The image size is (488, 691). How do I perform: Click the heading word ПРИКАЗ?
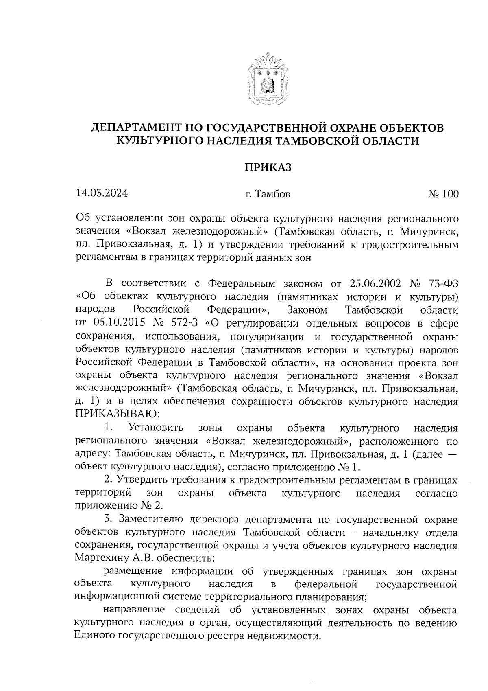[x=268, y=167]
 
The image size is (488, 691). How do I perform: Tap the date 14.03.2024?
[x=102, y=193]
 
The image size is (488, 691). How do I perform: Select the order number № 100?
[x=443, y=194]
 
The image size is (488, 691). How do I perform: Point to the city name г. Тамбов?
[x=268, y=194]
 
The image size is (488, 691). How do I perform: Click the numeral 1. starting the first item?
[x=108, y=428]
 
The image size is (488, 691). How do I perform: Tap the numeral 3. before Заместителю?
[x=108, y=519]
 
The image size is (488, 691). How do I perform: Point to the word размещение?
[x=133, y=571]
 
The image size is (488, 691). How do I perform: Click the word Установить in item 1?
[x=155, y=428]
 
